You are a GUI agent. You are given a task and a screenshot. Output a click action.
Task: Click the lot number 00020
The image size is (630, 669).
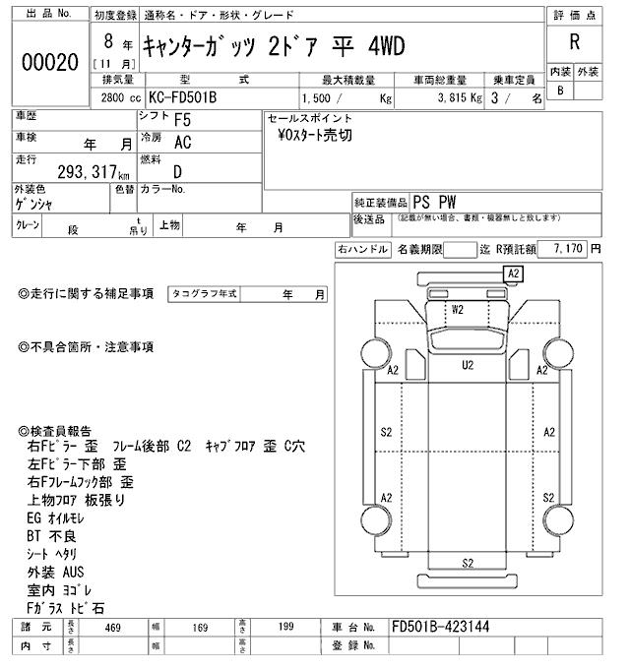pyautogui.click(x=49, y=61)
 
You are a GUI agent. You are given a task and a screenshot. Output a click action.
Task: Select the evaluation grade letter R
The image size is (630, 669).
pyautogui.click(x=573, y=42)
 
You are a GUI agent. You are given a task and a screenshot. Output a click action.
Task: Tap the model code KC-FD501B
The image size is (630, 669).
pyautogui.click(x=181, y=99)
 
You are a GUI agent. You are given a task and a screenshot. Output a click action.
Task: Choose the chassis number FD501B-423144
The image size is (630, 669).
pyautogui.click(x=440, y=626)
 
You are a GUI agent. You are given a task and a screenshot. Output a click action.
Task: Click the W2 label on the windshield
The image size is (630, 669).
pyautogui.click(x=457, y=309)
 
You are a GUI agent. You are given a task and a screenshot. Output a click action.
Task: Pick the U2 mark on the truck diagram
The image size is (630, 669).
pyautogui.click(x=468, y=365)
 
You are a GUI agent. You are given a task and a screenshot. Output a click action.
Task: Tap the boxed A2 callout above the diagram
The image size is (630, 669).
pyautogui.click(x=513, y=273)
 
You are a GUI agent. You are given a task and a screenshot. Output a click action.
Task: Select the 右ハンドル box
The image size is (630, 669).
pyautogui.click(x=362, y=250)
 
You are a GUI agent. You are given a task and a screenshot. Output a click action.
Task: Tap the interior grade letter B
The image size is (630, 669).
pyautogui.click(x=560, y=91)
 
